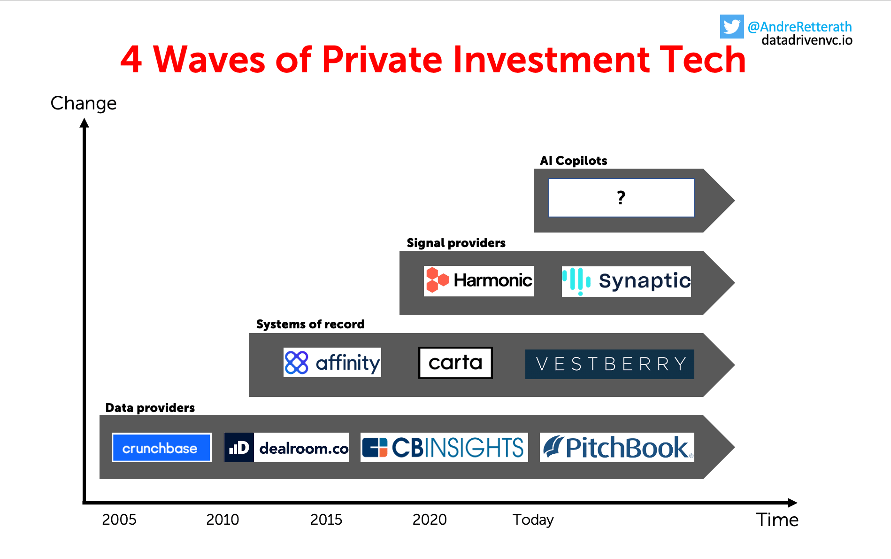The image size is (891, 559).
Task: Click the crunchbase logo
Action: click(161, 447)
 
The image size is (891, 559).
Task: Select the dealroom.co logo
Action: click(286, 447)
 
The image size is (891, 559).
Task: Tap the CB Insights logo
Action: click(444, 447)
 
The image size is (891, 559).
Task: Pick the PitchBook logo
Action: click(617, 447)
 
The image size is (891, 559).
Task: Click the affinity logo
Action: click(332, 362)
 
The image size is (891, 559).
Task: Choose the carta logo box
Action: click(455, 363)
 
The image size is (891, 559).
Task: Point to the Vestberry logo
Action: click(610, 364)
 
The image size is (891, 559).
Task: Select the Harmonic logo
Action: click(479, 281)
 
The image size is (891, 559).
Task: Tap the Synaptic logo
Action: click(626, 281)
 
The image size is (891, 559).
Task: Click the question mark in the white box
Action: click(621, 198)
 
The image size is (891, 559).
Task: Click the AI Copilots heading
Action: click(574, 161)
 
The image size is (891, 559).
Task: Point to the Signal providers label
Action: click(456, 243)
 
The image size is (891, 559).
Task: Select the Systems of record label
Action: click(310, 324)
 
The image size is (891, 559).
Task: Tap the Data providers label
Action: click(150, 408)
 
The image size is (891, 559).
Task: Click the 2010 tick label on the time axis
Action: click(223, 520)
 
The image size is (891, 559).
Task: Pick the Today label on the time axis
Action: click(533, 520)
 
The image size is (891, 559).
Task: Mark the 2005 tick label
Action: click(119, 520)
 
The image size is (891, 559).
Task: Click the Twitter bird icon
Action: click(732, 26)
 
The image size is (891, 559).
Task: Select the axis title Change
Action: click(84, 103)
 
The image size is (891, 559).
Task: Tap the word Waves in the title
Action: click(210, 60)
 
